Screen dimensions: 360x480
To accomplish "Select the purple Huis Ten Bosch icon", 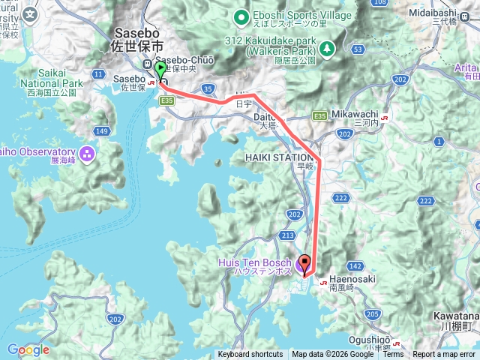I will point(301,263).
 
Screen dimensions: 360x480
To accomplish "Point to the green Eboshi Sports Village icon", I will point(241,16).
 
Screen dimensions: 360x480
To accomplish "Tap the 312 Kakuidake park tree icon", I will point(327,49).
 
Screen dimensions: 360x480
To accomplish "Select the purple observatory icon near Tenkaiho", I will point(87,154).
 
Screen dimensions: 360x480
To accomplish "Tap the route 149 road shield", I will point(102,132).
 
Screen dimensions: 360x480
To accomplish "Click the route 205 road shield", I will point(372,314).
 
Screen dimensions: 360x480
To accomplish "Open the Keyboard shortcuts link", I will point(250,355).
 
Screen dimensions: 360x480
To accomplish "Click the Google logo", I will point(28,350).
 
